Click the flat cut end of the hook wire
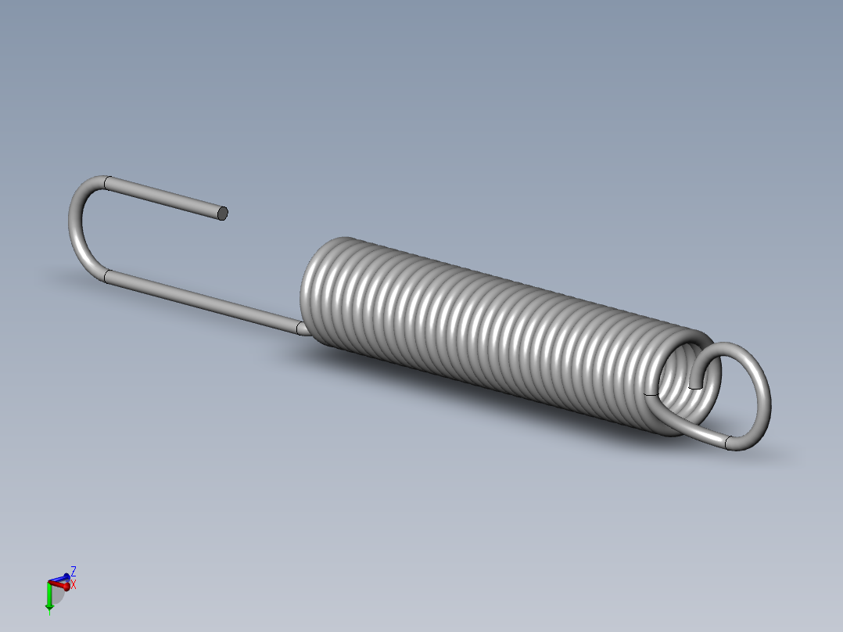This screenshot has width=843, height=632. click(x=222, y=213)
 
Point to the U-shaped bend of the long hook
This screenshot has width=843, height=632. click(x=77, y=227)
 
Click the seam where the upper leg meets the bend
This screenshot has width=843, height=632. click(x=106, y=184)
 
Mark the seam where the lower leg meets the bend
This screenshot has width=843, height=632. click(x=106, y=276)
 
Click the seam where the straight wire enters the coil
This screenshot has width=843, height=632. click(x=299, y=329)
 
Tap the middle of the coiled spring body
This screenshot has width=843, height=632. click(x=493, y=329)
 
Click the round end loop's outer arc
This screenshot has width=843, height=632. click(x=762, y=391)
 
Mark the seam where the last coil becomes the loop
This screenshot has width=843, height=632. click(x=647, y=395)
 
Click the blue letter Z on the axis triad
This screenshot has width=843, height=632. click(x=73, y=571)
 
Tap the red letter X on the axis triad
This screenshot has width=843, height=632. click(x=74, y=584)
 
